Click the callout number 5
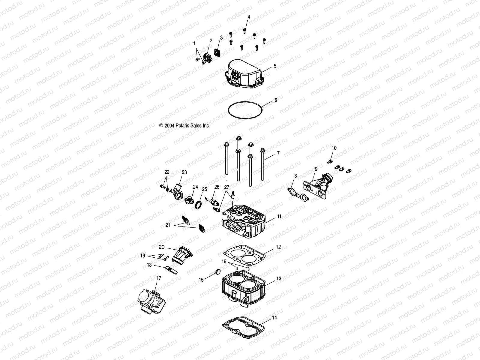click(275, 66)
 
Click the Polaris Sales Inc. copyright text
click(184, 126)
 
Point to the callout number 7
click(278, 153)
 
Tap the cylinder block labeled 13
click(243, 288)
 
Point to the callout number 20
click(162, 247)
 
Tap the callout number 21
click(168, 225)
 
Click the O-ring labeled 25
click(198, 205)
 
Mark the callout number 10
click(334, 148)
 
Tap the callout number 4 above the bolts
click(248, 17)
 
